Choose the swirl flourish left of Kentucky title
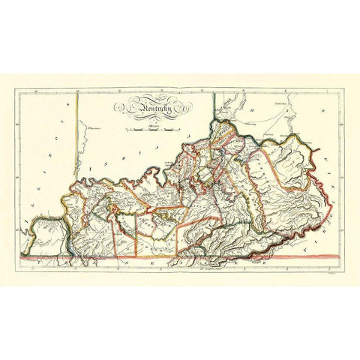point(120,109)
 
